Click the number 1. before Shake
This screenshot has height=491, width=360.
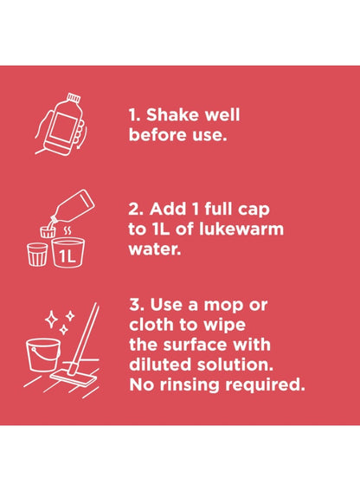[135, 115]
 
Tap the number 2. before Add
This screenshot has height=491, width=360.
[136, 209]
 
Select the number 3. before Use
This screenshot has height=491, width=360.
[137, 304]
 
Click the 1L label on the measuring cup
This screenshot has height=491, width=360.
[67, 257]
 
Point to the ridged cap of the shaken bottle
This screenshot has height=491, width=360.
[74, 98]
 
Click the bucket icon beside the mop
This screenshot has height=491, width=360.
[43, 354]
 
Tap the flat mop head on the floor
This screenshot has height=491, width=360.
[74, 378]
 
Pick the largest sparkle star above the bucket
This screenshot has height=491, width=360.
[51, 319]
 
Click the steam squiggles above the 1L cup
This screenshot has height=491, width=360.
[67, 232]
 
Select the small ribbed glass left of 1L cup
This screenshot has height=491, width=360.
[37, 255]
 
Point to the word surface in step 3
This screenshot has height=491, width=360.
[194, 345]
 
